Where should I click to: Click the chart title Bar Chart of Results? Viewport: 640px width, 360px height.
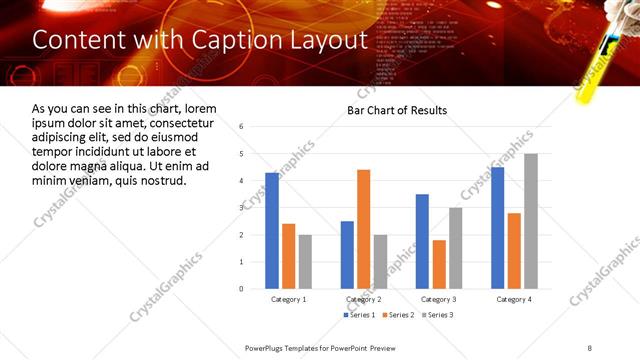pos(397,110)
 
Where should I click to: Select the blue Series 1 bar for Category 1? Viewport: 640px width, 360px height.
pos(272,230)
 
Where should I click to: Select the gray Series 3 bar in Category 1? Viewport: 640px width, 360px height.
pos(305,261)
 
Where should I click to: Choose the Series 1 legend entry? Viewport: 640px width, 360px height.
pos(360,315)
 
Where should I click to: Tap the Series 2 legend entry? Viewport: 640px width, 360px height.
pos(398,315)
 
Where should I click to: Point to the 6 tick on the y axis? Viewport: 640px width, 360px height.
pos(241,127)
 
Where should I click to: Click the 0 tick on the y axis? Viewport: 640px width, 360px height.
pos(241,288)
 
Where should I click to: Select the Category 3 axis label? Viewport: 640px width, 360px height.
pos(440,300)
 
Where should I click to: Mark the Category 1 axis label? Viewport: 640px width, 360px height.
pos(288,300)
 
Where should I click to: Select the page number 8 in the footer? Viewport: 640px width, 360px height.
pos(589,347)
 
